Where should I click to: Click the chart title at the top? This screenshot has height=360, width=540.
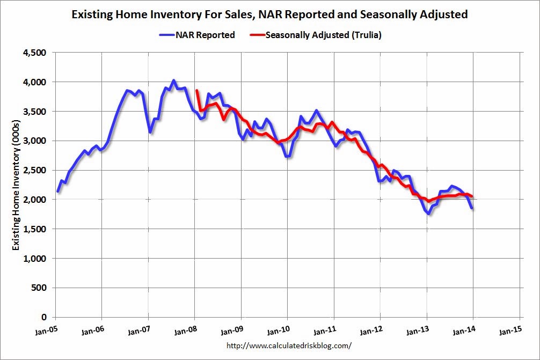(269, 14)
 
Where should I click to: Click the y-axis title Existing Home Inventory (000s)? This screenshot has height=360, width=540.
(17, 186)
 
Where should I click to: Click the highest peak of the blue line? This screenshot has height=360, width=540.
(173, 81)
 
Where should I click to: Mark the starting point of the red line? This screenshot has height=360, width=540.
(197, 91)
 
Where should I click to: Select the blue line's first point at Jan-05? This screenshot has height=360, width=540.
(58, 192)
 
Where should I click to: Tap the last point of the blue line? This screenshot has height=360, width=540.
(472, 208)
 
